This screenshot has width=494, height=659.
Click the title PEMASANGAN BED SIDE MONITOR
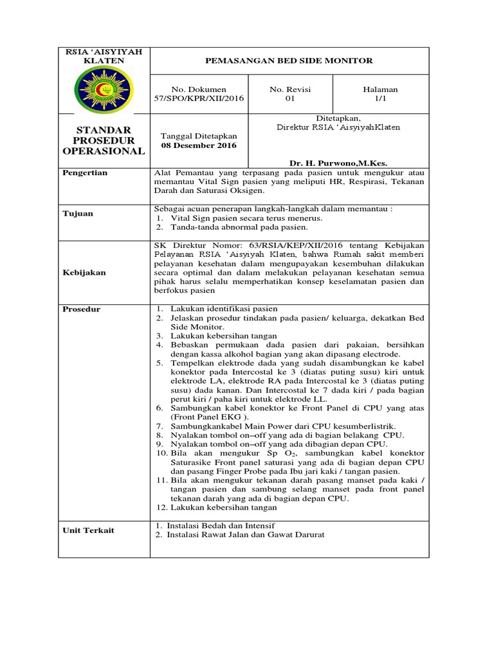288,60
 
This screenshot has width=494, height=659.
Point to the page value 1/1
380,99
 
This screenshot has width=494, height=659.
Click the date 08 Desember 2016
198,145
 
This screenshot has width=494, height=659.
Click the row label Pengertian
84,173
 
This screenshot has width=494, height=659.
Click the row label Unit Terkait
88,530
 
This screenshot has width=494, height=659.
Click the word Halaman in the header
380,89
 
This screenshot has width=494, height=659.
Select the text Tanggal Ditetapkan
198,136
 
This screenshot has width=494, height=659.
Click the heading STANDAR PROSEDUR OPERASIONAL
103,140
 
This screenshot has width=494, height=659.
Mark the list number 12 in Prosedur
160,507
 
